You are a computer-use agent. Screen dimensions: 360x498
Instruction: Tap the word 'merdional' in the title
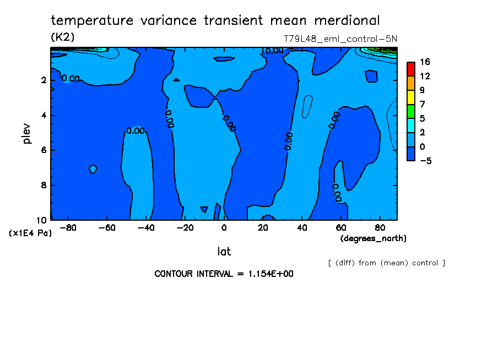click(x=347, y=21)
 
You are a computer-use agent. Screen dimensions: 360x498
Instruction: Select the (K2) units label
click(x=62, y=37)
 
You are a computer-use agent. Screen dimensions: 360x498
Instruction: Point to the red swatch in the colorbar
click(x=410, y=68)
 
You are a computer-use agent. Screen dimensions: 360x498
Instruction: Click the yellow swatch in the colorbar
click(x=410, y=97)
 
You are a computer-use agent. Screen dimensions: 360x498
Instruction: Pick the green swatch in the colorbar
click(x=410, y=111)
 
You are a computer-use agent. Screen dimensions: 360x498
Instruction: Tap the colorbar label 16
click(x=424, y=62)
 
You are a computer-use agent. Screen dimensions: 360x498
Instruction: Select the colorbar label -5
click(x=424, y=161)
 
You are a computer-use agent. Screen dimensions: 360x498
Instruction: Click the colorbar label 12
click(x=424, y=76)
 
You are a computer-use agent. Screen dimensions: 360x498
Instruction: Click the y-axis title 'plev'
click(x=27, y=134)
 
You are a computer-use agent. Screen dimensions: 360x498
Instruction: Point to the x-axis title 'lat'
click(x=224, y=252)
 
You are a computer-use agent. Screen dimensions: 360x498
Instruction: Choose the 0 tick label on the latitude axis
click(x=224, y=227)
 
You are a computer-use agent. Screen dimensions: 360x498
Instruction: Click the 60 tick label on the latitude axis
click(x=340, y=227)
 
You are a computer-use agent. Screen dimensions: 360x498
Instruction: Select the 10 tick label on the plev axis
click(x=42, y=220)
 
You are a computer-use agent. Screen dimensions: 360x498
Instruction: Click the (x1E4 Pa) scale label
click(x=31, y=233)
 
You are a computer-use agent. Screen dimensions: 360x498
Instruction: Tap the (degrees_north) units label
click(x=373, y=238)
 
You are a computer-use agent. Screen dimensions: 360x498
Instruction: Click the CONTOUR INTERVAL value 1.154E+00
click(x=267, y=274)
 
